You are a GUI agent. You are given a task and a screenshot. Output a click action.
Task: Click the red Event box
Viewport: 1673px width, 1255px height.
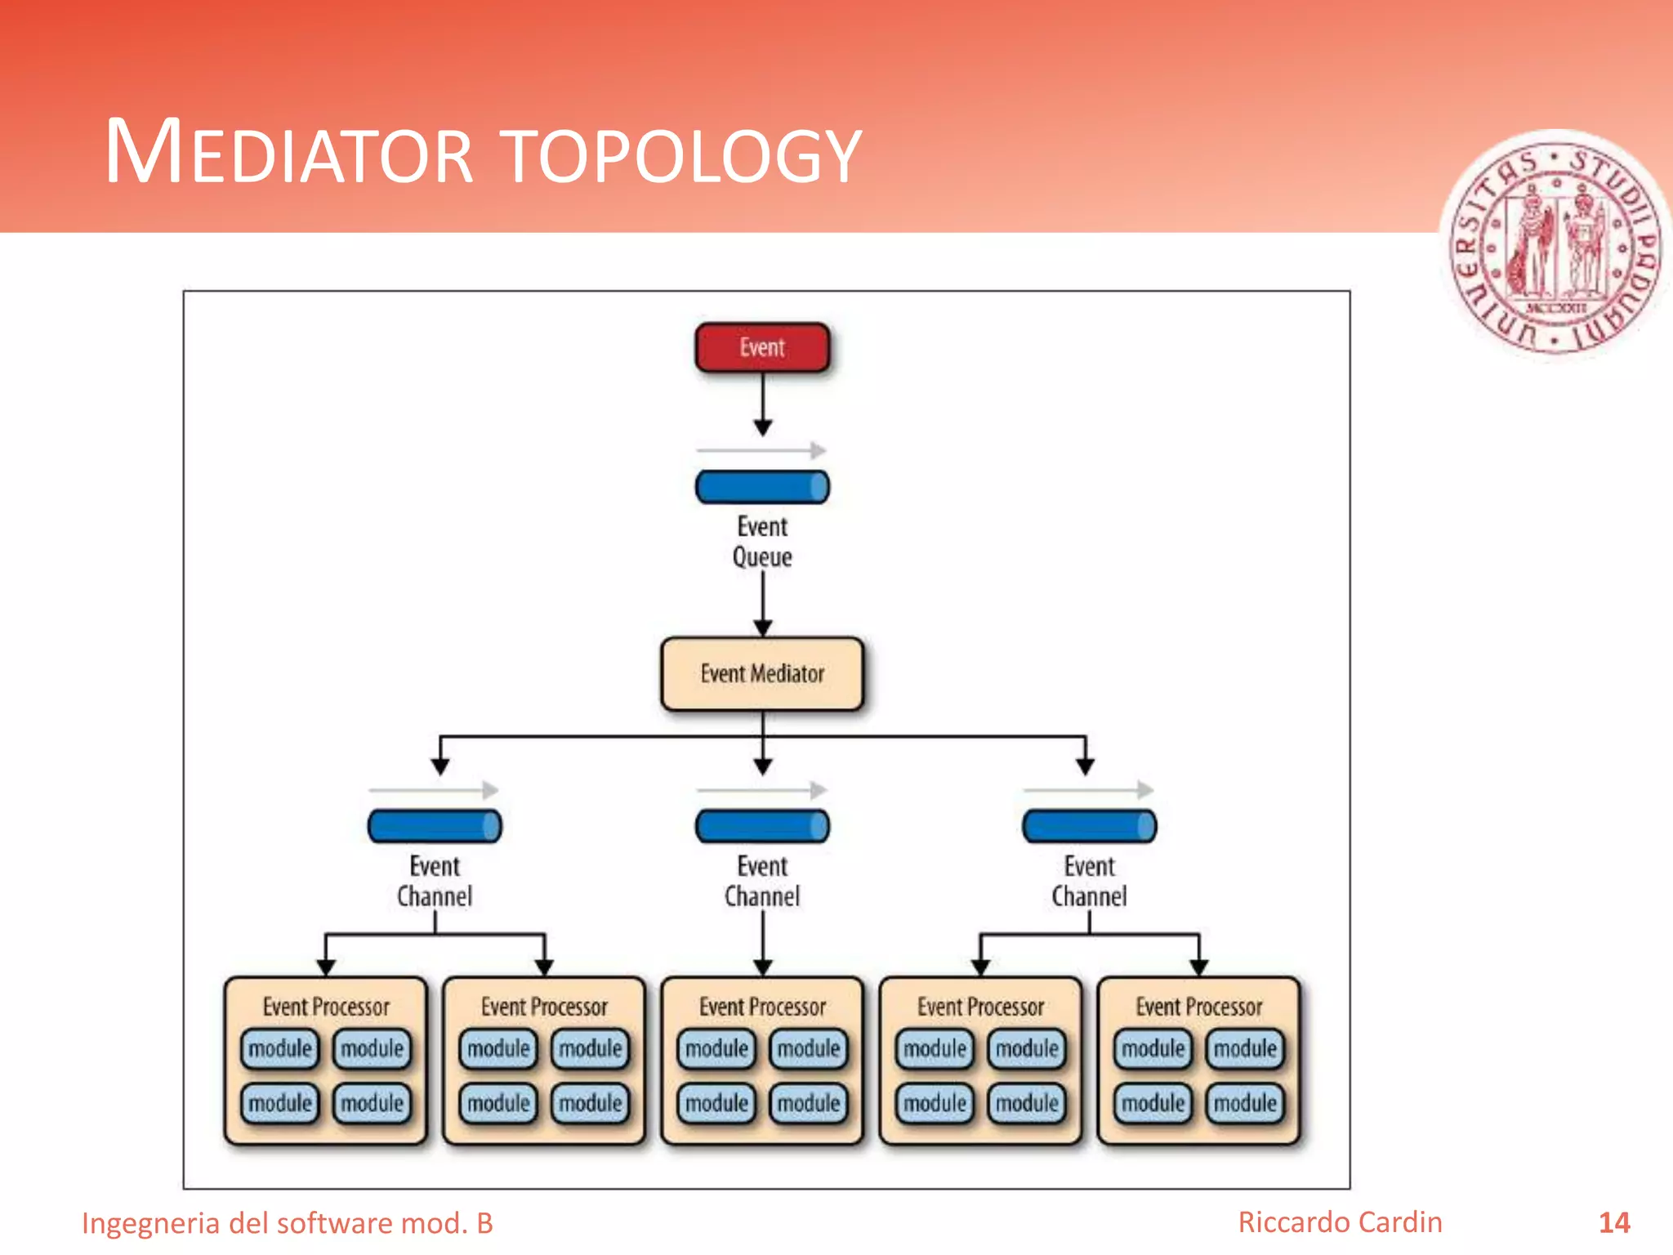point(762,348)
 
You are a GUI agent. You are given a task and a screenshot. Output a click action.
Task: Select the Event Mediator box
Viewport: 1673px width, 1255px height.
point(762,674)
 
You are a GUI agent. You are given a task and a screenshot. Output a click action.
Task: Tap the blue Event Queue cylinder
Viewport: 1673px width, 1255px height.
point(762,487)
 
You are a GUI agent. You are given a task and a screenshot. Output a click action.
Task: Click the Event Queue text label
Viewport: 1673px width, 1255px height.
point(762,542)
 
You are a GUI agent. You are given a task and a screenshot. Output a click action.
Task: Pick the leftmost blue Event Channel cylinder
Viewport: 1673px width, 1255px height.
point(435,826)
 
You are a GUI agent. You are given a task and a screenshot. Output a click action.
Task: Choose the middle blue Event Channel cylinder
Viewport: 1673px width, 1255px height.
point(762,826)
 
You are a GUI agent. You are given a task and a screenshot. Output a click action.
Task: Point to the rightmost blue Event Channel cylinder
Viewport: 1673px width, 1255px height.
point(1089,826)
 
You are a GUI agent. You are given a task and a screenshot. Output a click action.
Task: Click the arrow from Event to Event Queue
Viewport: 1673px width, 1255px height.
point(763,404)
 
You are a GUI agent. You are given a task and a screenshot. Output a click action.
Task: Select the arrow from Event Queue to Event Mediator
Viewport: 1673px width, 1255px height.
point(763,605)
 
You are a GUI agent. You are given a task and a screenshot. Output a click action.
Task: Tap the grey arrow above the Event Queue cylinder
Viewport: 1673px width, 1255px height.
point(761,450)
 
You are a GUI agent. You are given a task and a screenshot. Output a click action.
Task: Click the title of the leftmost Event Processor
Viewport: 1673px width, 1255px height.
point(326,1007)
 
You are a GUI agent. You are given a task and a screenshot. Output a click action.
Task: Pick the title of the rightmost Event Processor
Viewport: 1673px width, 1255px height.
point(1199,1007)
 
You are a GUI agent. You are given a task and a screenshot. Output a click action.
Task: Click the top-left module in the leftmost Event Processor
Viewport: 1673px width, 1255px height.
point(279,1049)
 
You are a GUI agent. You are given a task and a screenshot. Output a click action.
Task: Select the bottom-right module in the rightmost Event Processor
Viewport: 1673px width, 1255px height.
point(1245,1104)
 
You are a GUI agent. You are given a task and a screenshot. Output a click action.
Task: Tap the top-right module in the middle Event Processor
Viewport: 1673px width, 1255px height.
point(809,1049)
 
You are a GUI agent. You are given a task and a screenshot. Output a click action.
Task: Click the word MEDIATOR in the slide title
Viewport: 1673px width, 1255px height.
point(289,153)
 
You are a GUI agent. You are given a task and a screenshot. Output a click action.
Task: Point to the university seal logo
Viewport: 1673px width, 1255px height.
point(1555,245)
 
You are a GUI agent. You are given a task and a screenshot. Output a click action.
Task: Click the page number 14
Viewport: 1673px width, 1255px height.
point(1614,1223)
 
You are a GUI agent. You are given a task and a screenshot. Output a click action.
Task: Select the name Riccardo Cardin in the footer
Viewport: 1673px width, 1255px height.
point(1340,1222)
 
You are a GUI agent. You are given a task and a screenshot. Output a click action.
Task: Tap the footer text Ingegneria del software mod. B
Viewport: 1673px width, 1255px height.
point(288,1223)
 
